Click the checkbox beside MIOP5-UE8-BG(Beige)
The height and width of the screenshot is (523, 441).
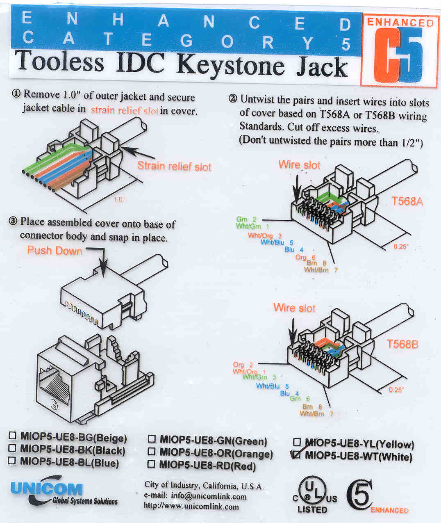coord(13,435)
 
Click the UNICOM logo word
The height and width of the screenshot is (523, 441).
coord(47,488)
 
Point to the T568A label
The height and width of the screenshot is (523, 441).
coord(407,201)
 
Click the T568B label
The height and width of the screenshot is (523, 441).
coord(402,344)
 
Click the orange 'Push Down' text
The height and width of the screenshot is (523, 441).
coord(55,251)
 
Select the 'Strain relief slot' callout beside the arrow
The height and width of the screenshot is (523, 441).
coord(174,166)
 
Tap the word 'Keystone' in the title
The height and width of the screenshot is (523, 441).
coord(232,66)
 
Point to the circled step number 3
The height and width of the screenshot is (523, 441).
coord(13,222)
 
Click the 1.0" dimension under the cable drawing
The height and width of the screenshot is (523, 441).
coord(119,199)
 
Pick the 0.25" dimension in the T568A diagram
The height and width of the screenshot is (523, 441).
coord(401,247)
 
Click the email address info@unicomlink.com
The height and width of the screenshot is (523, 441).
coord(209,496)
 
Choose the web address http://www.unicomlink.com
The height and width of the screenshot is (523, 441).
coord(191,506)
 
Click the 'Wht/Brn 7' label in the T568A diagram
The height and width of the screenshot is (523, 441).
coord(321,270)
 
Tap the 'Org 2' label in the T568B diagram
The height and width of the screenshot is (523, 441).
coord(243,365)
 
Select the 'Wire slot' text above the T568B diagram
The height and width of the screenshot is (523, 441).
coord(294,308)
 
